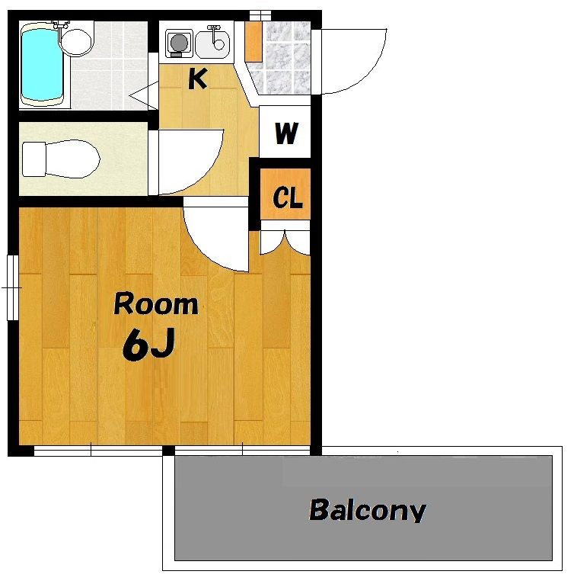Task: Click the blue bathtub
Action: (42, 64)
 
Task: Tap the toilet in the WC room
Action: (61, 159)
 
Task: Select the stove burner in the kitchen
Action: (180, 43)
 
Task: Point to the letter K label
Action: (197, 79)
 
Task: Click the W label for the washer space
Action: (286, 133)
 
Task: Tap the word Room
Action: (156, 304)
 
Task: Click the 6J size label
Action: (148, 345)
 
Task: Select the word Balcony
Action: (368, 510)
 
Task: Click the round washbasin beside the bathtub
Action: (76, 42)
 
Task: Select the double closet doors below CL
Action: (285, 242)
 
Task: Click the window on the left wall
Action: (13, 287)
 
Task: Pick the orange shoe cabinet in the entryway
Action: (254, 41)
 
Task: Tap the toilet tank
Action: (33, 159)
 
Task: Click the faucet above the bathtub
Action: (61, 25)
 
